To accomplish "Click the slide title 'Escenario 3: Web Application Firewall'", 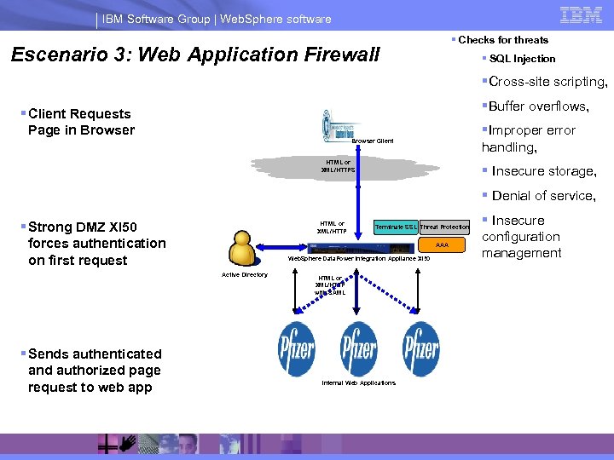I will pyautogui.click(x=194, y=55).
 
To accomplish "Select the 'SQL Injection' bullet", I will pyautogui.click(x=522, y=59).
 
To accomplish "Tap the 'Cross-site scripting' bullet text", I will pyautogui.click(x=547, y=83).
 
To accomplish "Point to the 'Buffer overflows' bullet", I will pyautogui.click(x=537, y=106).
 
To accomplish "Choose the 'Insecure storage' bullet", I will pyautogui.click(x=543, y=171).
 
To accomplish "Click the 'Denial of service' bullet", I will pyautogui.click(x=542, y=195).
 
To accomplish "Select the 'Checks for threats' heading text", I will pyautogui.click(x=502, y=40).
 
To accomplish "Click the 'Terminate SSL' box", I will pyautogui.click(x=396, y=227).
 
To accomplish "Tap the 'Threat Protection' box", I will pyautogui.click(x=444, y=227).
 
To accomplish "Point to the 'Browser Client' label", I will pyautogui.click(x=373, y=141).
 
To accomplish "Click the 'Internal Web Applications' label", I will pyautogui.click(x=358, y=383).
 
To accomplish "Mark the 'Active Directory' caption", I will pyautogui.click(x=245, y=275).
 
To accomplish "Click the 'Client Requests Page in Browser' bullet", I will pyautogui.click(x=81, y=122).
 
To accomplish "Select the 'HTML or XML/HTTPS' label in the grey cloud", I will pyautogui.click(x=339, y=166).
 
